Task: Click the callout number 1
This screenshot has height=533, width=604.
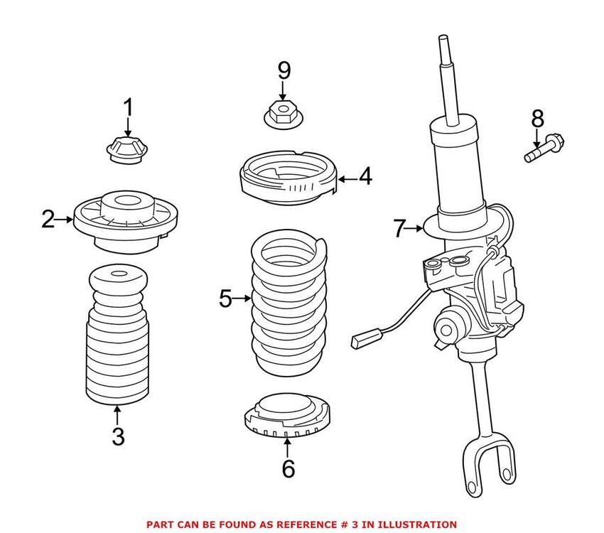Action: click(129, 108)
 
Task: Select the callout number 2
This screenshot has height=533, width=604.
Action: click(48, 220)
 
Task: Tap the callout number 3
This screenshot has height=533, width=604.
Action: click(118, 436)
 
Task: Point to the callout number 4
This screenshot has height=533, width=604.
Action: click(365, 176)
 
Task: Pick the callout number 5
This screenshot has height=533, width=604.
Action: click(225, 299)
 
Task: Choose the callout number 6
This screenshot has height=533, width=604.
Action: click(287, 468)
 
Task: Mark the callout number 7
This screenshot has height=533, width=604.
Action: click(399, 229)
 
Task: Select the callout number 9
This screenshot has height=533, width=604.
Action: click(284, 70)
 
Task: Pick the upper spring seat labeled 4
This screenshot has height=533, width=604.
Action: click(287, 182)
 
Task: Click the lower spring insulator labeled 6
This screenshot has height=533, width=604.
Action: click(287, 417)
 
